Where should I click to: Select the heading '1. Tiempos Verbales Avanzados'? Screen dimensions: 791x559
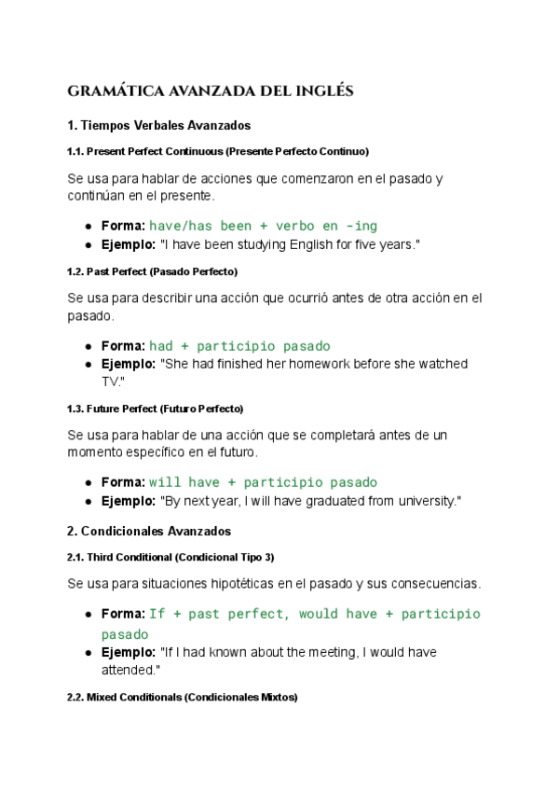(159, 125)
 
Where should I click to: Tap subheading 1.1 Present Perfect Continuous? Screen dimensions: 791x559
(218, 151)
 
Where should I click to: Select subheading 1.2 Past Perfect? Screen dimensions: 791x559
(153, 271)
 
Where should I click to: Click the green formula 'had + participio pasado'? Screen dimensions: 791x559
(239, 346)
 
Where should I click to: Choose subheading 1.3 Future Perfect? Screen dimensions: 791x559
(156, 409)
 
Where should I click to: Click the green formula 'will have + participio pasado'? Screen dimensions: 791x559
(263, 482)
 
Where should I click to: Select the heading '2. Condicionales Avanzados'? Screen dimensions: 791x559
(149, 531)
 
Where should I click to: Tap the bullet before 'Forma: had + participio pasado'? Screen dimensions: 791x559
(88, 346)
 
